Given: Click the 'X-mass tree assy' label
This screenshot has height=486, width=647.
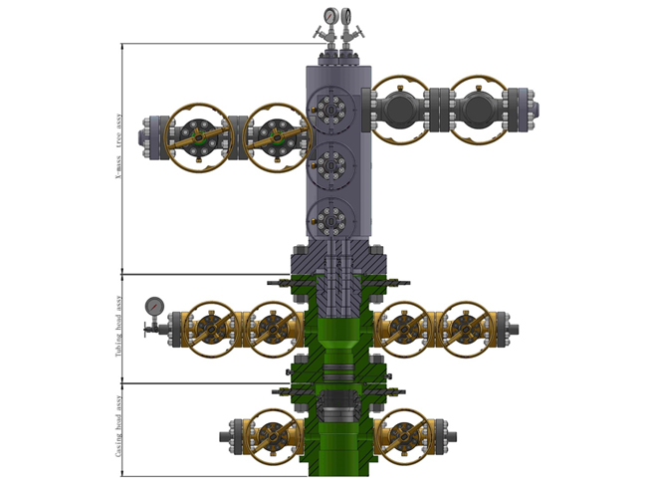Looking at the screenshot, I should (x=117, y=159).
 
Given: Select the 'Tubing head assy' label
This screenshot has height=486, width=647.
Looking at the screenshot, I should (x=117, y=328).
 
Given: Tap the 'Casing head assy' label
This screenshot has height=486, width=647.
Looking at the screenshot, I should (x=117, y=430).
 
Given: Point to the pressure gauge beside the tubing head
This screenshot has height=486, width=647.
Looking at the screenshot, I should (x=154, y=305).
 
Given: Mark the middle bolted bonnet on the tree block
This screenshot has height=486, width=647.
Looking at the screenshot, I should (x=329, y=161).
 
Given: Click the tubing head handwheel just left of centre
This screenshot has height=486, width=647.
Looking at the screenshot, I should (x=271, y=328).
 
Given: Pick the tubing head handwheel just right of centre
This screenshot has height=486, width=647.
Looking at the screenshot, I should (x=404, y=328).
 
